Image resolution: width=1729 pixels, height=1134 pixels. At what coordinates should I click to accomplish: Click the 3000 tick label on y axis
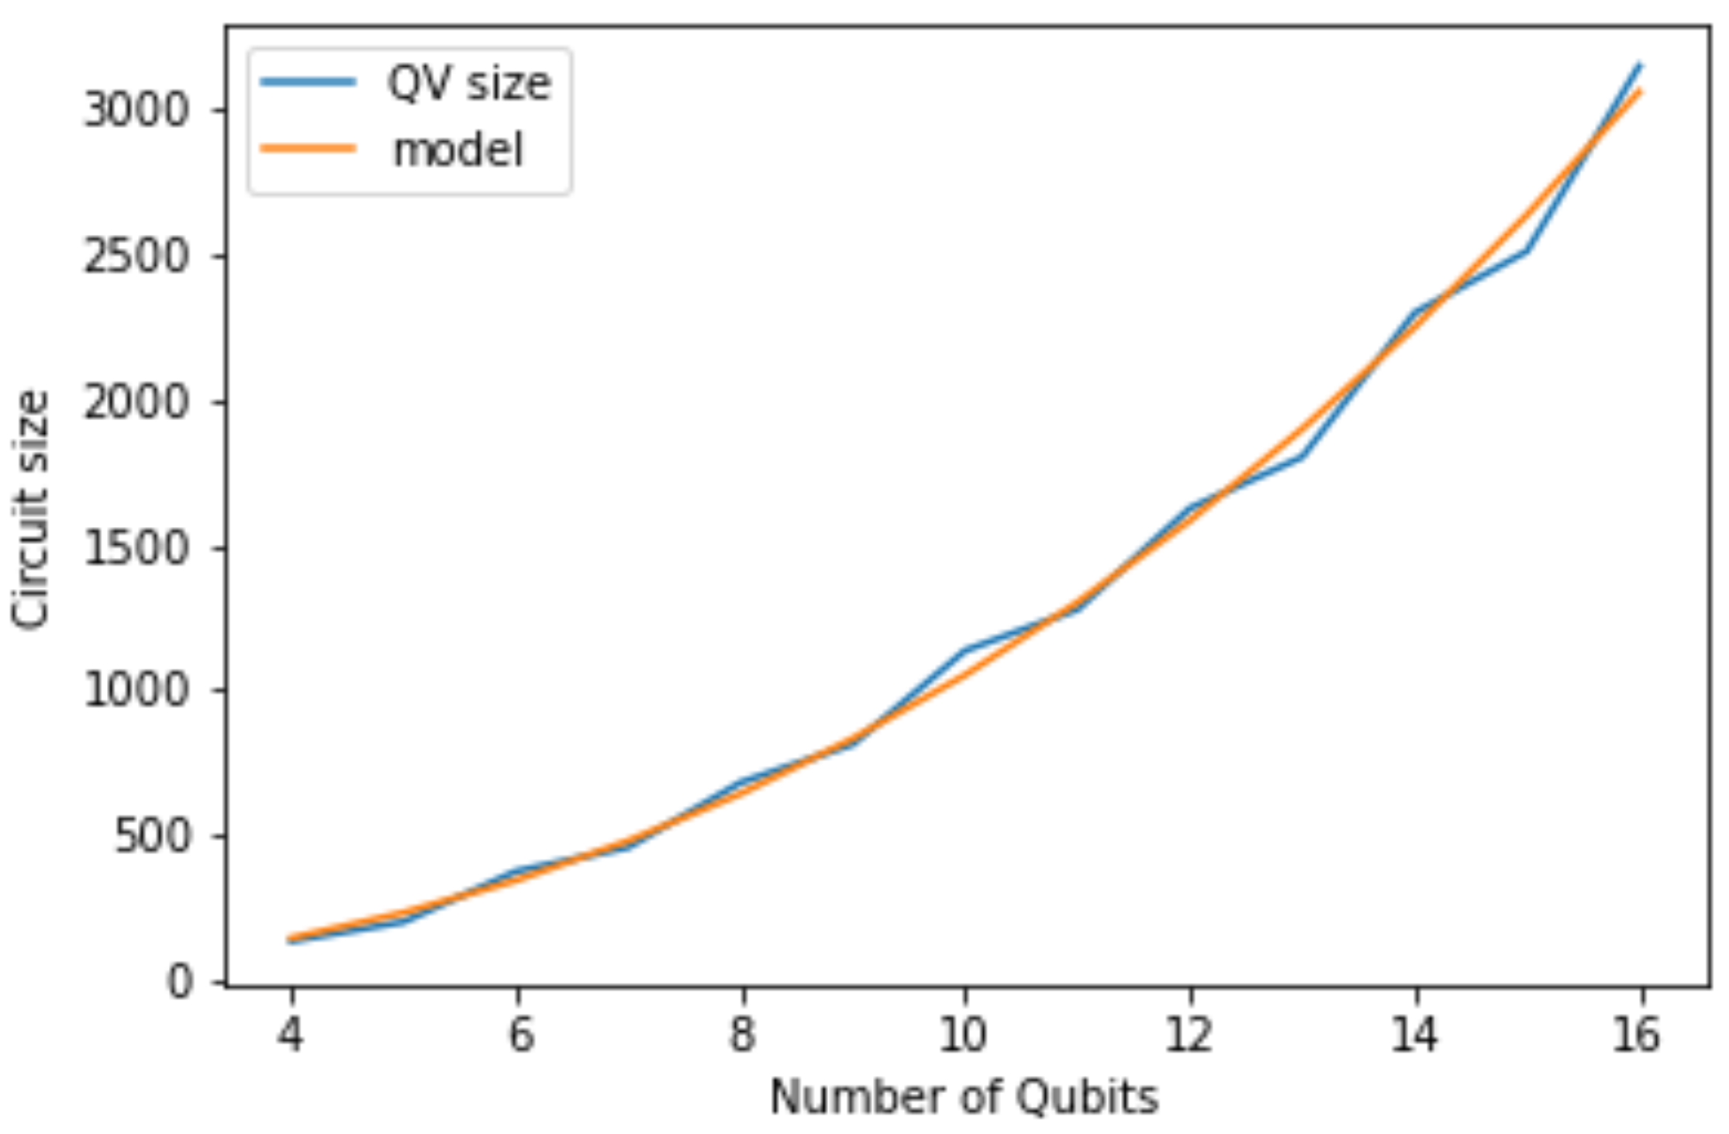(136, 110)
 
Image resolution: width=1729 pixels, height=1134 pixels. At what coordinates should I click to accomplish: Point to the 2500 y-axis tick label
(136, 257)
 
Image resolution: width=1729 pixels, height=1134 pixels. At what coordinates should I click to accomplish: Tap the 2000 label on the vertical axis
(136, 402)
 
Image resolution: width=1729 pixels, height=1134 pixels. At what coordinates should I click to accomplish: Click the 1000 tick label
(136, 690)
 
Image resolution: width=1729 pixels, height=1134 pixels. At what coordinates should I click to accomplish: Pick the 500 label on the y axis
(153, 836)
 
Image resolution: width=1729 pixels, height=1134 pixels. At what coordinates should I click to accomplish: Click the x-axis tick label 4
(290, 1034)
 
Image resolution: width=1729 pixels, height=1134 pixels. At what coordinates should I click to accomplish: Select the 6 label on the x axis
(519, 1034)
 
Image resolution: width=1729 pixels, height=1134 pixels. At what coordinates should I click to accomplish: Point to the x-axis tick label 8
(742, 1034)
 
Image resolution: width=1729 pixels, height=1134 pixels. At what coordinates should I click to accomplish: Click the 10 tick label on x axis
(963, 1034)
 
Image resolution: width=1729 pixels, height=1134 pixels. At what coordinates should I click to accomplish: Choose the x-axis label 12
(1189, 1034)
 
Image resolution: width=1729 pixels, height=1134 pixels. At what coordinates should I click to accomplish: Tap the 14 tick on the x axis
(1414, 1034)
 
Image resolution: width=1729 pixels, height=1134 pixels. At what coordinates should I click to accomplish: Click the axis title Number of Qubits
(964, 1097)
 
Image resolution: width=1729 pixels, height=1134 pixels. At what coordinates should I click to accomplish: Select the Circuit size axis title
(31, 508)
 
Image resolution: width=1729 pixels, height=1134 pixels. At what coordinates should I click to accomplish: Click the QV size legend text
(469, 82)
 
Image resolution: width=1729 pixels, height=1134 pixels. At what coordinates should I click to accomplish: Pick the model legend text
(458, 149)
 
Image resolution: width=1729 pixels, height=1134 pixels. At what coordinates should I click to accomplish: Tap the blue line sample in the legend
(308, 81)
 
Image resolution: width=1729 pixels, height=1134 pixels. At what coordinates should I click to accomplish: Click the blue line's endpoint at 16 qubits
(1639, 65)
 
